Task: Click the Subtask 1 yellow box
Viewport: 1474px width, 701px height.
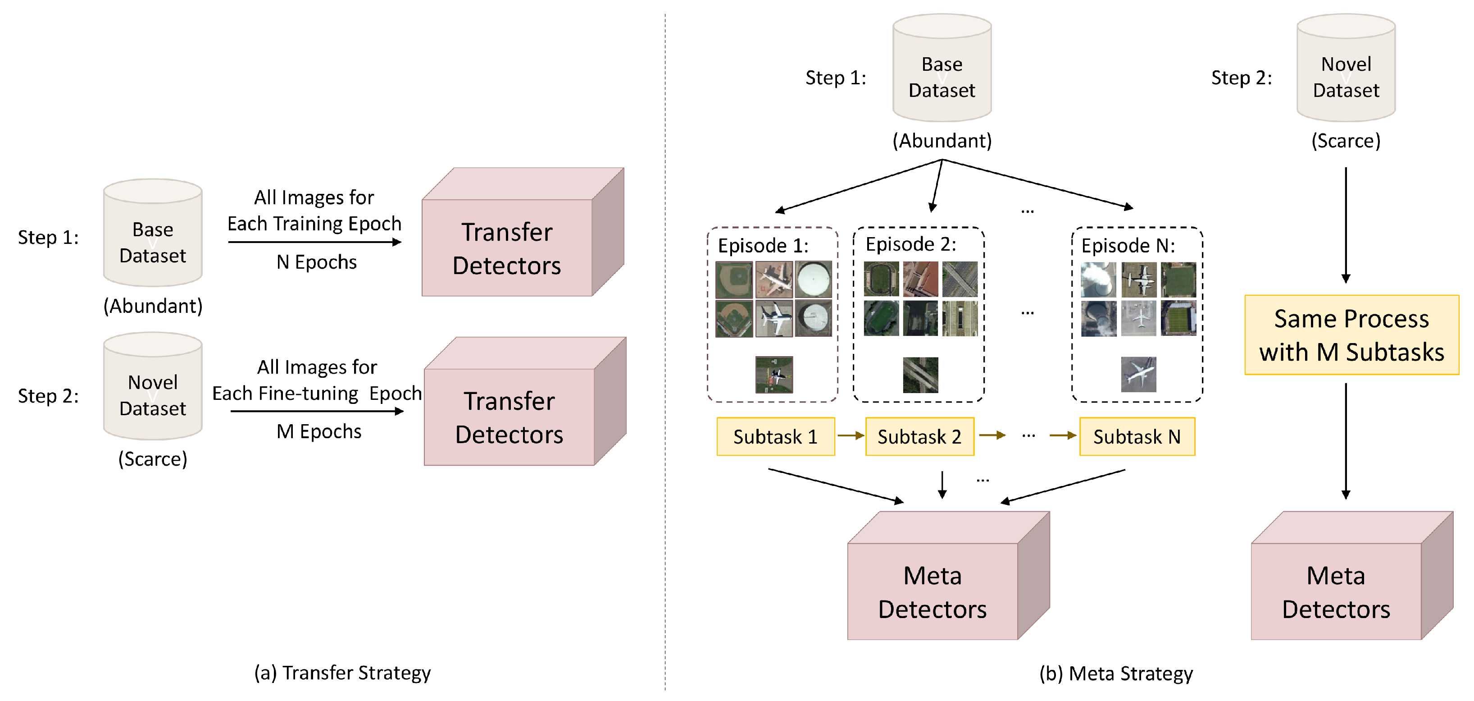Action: point(775,436)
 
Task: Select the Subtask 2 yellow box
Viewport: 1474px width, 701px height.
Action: point(919,436)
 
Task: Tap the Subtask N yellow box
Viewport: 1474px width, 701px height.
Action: point(1137,436)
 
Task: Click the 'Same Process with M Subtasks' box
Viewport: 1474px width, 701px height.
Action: point(1351,335)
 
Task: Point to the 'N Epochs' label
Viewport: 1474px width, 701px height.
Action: point(316,262)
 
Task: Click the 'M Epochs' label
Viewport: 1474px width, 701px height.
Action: point(318,431)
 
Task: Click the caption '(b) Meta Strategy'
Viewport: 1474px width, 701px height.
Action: point(1116,673)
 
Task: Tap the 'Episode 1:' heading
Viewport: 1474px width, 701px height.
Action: point(763,245)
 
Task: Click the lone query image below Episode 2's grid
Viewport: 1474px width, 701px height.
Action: point(920,375)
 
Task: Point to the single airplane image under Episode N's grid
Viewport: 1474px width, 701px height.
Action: point(1138,374)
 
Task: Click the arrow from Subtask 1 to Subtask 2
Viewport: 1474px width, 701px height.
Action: point(850,436)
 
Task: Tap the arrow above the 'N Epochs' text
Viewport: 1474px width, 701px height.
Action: point(315,242)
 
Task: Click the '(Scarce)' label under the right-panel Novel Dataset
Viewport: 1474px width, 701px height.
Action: point(1345,141)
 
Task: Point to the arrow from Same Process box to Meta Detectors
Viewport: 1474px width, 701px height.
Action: point(1345,441)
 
